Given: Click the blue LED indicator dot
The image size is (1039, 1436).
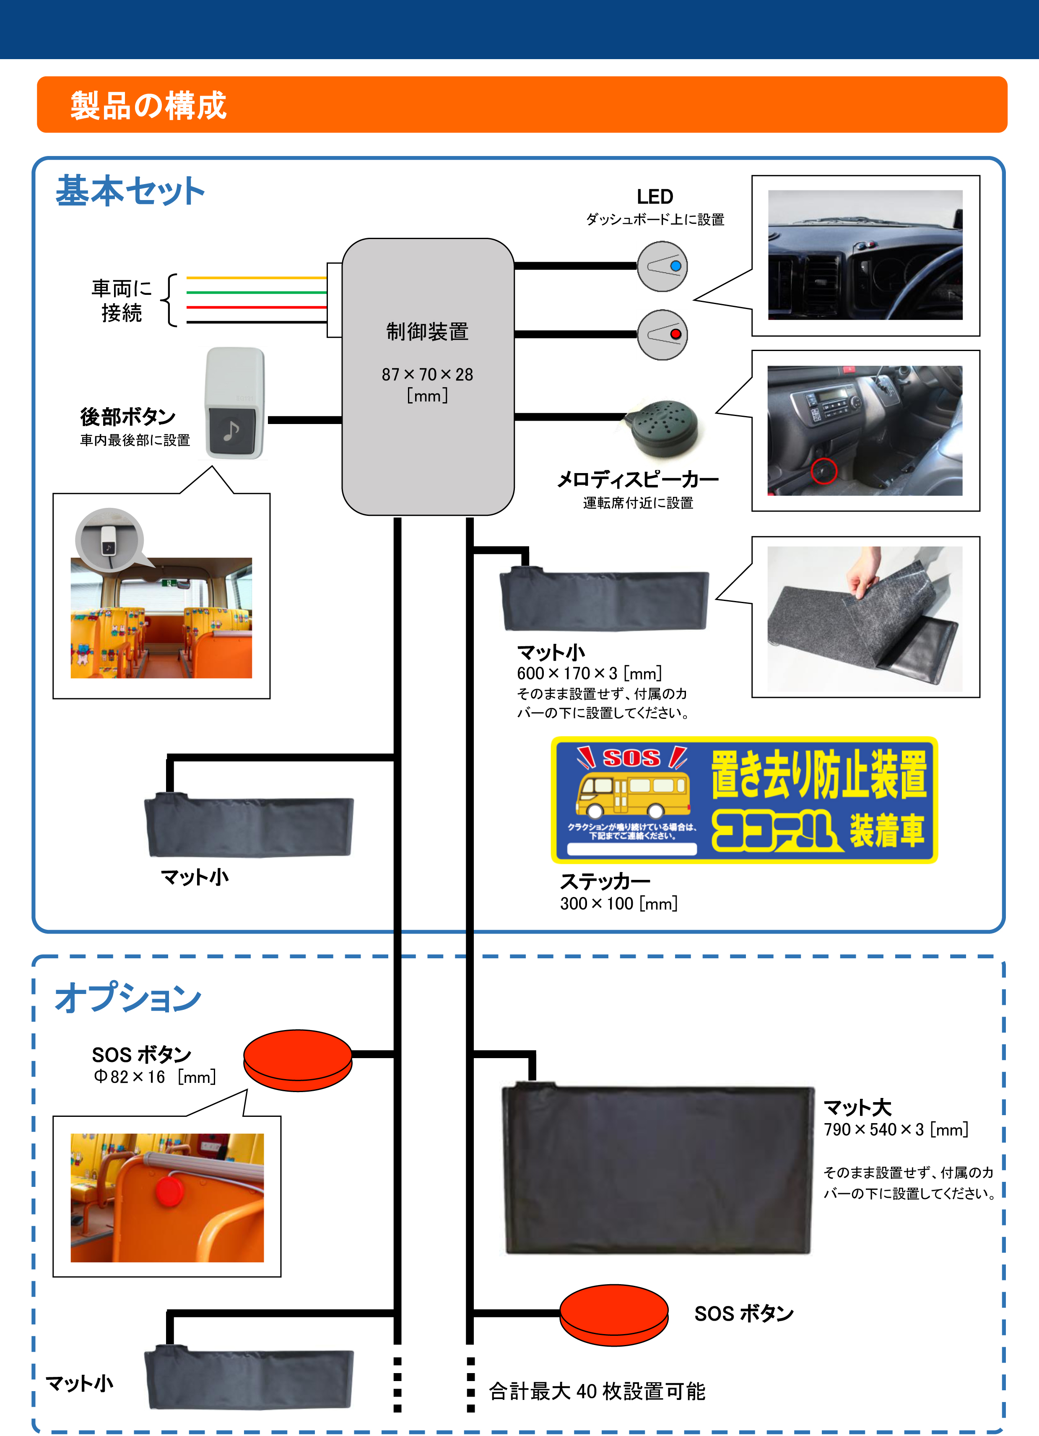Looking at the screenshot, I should coord(675,266).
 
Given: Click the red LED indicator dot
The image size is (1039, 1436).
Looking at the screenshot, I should coord(675,334).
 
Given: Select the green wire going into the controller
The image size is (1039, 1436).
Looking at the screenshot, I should coord(257,292).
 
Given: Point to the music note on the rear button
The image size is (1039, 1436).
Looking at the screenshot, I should coord(231,431).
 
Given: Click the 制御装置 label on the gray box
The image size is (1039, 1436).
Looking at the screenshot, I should coord(427,332).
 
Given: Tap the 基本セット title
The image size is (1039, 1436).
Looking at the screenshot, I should coord(130,191).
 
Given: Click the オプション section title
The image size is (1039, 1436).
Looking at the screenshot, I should coord(128,998).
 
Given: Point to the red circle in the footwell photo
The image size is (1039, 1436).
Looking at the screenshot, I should coord(824,471).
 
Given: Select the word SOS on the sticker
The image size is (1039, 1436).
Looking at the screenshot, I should coord(631,757).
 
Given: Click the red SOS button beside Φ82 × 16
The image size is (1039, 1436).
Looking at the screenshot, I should coord(298,1059).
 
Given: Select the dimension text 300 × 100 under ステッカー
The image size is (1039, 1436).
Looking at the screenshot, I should coord(618,903).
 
